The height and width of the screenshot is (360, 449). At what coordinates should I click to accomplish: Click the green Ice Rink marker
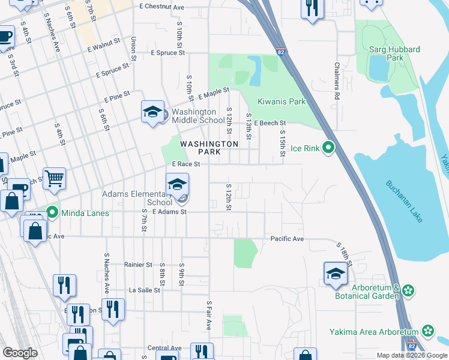coord(328,148)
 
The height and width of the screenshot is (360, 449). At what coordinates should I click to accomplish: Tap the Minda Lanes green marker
coord(52,212)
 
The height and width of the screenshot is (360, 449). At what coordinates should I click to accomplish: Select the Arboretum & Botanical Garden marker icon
coord(408,291)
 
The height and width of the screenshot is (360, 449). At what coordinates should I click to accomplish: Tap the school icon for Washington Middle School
coord(152,112)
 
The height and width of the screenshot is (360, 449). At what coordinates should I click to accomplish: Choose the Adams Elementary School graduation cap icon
coord(177,185)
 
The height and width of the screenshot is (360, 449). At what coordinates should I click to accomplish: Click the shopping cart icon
coord(54,178)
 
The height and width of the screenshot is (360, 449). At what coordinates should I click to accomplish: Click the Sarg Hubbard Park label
coord(395,53)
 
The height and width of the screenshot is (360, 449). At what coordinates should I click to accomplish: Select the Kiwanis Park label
coord(282,101)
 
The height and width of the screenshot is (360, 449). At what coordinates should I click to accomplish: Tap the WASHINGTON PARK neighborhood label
coord(209,148)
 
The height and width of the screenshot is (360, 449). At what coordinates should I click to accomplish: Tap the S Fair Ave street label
coord(209,316)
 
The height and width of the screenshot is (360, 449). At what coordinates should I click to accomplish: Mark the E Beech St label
coord(270,123)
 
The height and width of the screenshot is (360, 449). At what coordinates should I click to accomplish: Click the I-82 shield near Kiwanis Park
coord(281,52)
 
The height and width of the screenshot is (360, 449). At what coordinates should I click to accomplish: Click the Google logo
coord(20,353)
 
